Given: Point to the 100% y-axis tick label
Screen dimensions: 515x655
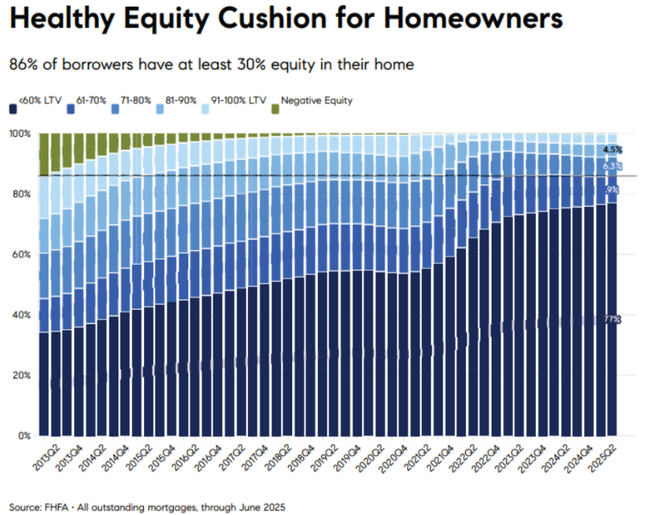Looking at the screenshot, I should click(x=19, y=133).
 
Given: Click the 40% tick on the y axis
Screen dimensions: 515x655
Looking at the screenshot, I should click(x=21, y=315).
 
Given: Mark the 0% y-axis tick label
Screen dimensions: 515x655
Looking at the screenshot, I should click(x=23, y=435).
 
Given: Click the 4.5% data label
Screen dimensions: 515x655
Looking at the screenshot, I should click(x=612, y=150).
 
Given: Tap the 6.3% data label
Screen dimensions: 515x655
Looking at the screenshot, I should click(x=612, y=167).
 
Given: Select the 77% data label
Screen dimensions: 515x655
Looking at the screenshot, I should click(x=612, y=319).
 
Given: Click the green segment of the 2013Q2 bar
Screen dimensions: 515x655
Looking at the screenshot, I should click(x=44, y=153).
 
